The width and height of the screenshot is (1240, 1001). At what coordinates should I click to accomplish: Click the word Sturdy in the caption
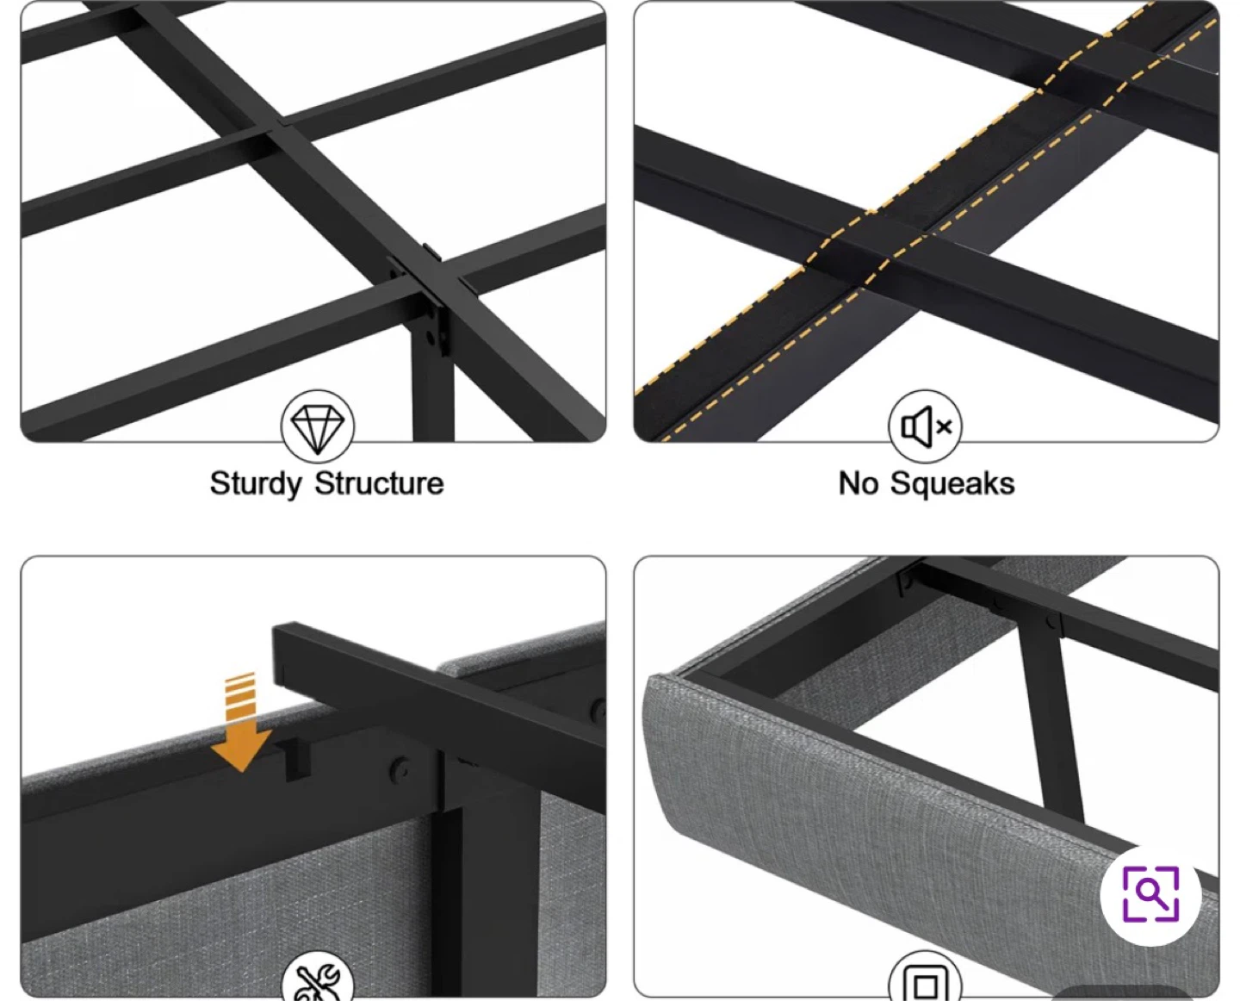[256, 484]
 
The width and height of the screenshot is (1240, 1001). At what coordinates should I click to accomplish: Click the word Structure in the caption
[379, 483]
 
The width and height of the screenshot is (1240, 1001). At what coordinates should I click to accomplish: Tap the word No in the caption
[858, 483]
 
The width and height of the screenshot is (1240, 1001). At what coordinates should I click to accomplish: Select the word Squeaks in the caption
[952, 484]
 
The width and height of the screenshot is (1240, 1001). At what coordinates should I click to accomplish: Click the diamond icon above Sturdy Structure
[318, 426]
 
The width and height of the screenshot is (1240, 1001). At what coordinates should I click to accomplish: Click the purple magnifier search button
[1150, 894]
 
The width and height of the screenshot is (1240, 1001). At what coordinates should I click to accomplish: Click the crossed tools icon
[318, 980]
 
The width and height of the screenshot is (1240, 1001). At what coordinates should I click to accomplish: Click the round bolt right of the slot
[401, 768]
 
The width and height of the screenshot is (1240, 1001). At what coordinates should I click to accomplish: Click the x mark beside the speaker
[945, 427]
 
